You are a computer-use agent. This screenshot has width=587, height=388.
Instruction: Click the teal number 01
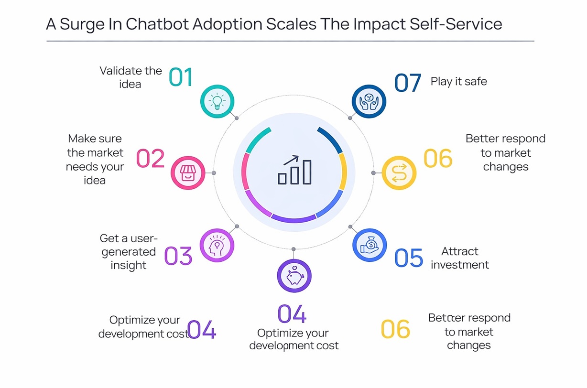click(x=181, y=77)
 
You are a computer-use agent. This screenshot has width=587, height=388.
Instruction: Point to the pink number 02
click(x=151, y=159)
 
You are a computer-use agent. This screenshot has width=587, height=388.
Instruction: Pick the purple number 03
click(x=178, y=256)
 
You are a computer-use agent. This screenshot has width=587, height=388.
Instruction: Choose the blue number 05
click(x=409, y=258)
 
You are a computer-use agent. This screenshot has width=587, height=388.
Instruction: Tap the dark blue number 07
click(x=407, y=83)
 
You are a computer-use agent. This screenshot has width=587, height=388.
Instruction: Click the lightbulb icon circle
click(x=217, y=101)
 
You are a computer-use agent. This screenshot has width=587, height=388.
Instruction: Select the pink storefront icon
click(x=188, y=173)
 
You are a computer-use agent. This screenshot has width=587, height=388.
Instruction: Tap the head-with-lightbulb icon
click(x=217, y=246)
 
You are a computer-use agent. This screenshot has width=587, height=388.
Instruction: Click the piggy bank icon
click(x=294, y=276)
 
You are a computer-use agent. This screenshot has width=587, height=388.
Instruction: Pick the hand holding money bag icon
click(x=370, y=246)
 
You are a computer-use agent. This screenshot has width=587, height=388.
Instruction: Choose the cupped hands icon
click(x=369, y=101)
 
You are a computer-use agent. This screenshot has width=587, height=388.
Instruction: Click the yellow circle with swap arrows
click(x=399, y=173)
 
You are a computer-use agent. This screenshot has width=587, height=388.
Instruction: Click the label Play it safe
click(x=458, y=81)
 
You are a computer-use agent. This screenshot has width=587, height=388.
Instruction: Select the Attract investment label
click(x=459, y=258)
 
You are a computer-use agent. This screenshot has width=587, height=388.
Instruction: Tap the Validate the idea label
click(x=130, y=77)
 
